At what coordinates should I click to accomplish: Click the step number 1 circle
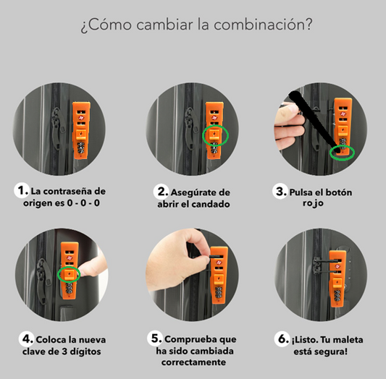(x=22, y=192)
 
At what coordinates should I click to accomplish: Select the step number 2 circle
(x=161, y=192)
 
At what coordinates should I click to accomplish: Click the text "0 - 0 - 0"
(x=83, y=204)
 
